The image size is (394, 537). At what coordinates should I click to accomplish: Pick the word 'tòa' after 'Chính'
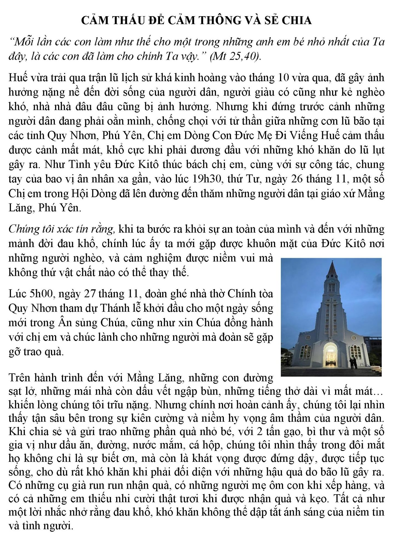[265, 294]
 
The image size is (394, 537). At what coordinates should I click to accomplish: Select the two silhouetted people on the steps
[353, 363]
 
